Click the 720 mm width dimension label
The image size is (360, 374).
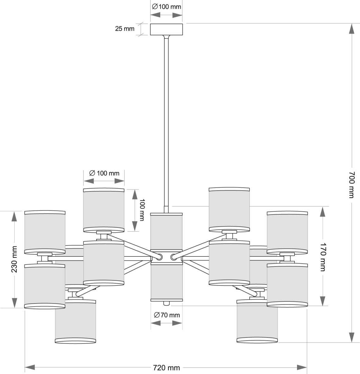pyautogui.click(x=166, y=368)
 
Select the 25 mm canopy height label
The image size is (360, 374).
pyautogui.click(x=125, y=29)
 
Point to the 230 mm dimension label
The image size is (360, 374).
pyautogui.click(x=14, y=259)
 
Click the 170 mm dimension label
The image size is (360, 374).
pyautogui.click(x=323, y=257)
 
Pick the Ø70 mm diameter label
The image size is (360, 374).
pyautogui.click(x=167, y=315)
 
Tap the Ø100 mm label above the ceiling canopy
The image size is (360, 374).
pyautogui.click(x=166, y=7)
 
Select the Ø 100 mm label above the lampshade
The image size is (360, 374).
pyautogui.click(x=104, y=173)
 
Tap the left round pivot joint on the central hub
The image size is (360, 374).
pyautogui.click(x=159, y=257)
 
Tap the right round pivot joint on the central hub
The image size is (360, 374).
pyautogui.click(x=173, y=257)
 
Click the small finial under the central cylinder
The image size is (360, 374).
pyautogui.click(x=167, y=303)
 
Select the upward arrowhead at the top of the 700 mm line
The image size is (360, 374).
pyautogui.click(x=351, y=29)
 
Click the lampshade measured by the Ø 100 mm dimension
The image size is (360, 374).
pyautogui.click(x=104, y=210)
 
